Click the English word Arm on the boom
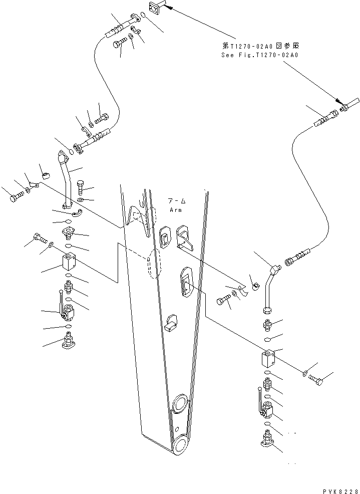click(175, 210)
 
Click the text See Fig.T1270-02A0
click(260, 55)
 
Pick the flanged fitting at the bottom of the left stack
click(67, 344)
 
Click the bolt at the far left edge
click(16, 196)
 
